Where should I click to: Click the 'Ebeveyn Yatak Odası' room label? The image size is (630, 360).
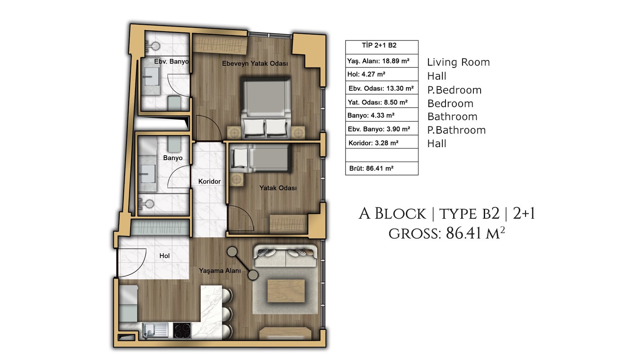point(255,63)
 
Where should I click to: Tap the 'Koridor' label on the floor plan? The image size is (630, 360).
point(209,181)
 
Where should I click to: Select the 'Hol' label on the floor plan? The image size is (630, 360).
point(165,256)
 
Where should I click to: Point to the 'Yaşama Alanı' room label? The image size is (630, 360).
point(220,270)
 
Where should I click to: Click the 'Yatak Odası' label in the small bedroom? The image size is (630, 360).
point(278,188)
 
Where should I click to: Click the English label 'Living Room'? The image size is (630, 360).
point(459,62)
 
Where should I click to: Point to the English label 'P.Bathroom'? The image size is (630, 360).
point(456,130)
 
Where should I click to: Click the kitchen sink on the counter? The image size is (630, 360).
point(155,330)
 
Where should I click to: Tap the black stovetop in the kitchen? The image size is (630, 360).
point(182,330)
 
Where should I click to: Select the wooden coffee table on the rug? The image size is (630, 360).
point(286,291)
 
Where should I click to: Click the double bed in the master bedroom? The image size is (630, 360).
point(265,108)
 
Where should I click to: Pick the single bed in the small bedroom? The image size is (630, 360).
point(261,158)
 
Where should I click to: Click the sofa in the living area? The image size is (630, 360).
point(286,256)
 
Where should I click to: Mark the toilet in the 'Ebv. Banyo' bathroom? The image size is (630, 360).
point(174,103)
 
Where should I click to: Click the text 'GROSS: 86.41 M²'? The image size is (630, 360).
point(446,234)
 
